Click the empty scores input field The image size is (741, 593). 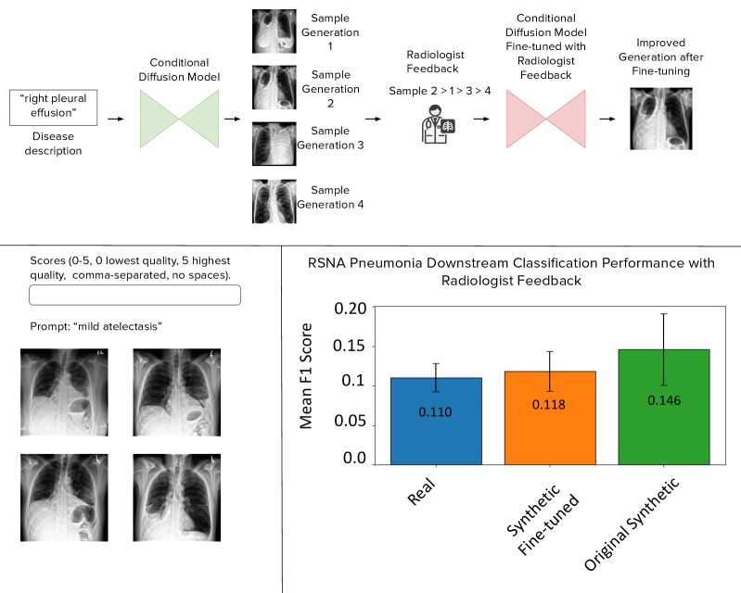(135, 295)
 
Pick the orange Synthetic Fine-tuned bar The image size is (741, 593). (550, 417)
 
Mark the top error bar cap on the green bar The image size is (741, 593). (663, 313)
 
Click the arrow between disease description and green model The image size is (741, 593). (116, 119)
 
